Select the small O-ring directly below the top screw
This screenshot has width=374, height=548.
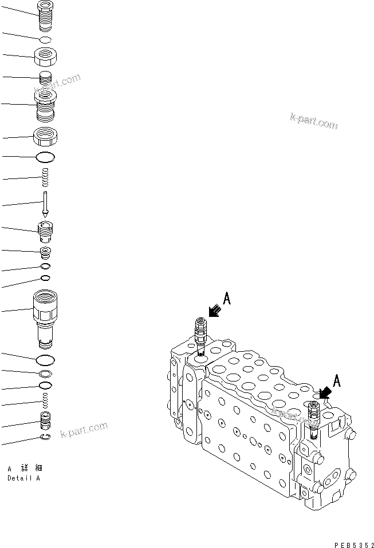tap(45, 40)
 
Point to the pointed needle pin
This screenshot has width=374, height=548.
tap(45, 203)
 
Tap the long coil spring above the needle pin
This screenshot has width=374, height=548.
tap(45, 177)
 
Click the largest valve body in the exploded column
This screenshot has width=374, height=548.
tap(45, 317)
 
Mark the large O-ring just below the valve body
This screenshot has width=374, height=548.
tap(45, 359)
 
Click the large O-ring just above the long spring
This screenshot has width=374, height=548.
tap(45, 157)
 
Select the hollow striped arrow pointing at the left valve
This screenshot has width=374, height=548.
tap(215, 310)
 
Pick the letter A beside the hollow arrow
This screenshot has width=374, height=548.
tap(227, 299)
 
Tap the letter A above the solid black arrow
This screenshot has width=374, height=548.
tap(336, 379)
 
